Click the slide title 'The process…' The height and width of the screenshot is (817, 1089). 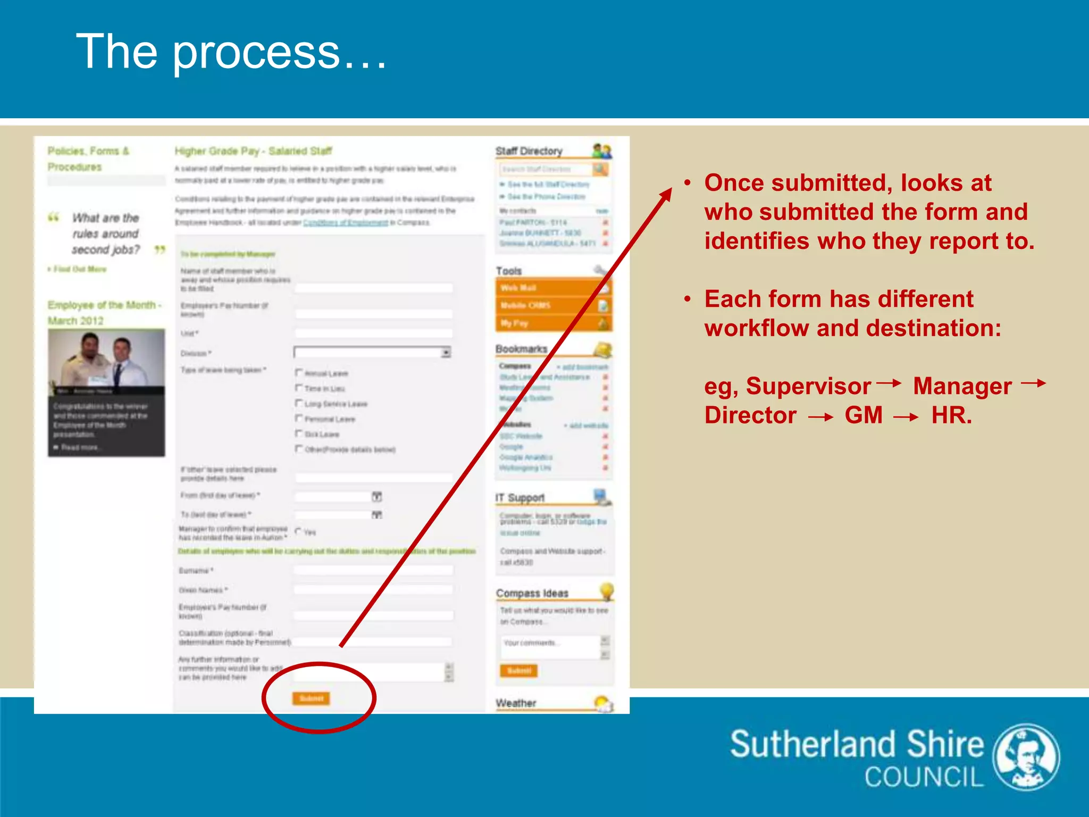(x=232, y=52)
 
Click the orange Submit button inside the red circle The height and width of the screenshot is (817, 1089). (x=311, y=698)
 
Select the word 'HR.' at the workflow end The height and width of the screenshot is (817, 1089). (x=951, y=415)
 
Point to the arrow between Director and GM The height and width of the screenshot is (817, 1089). (x=820, y=418)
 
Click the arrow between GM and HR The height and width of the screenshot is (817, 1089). (x=906, y=418)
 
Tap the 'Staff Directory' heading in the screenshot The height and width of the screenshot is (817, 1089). (x=529, y=151)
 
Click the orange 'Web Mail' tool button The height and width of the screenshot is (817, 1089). (x=553, y=288)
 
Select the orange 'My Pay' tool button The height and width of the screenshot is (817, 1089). (x=553, y=323)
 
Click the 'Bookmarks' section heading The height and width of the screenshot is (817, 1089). (x=521, y=349)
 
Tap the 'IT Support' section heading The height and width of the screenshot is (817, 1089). (x=520, y=498)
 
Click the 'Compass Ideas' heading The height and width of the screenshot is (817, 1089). (x=532, y=593)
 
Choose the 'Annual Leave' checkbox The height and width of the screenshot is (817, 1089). (x=299, y=373)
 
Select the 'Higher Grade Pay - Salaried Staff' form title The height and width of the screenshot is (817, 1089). (x=253, y=151)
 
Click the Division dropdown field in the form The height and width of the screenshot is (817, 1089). (x=372, y=352)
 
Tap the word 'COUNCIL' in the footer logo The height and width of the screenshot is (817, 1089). (x=924, y=777)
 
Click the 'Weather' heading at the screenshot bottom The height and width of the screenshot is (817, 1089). (x=516, y=703)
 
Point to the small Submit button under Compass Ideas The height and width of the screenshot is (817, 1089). (x=518, y=671)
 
